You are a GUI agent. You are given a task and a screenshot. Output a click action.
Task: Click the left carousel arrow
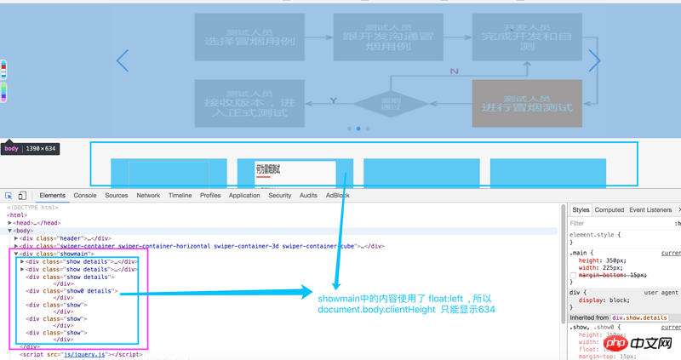[x=123, y=60]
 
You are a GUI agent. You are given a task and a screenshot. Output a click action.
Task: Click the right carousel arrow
[x=594, y=60]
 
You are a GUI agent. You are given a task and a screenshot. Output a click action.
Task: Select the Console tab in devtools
[x=85, y=196]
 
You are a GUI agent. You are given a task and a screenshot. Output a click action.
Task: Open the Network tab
[x=148, y=196]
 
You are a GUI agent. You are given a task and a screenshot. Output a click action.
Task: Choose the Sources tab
[x=117, y=196]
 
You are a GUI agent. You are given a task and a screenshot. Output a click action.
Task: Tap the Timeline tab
[x=180, y=196]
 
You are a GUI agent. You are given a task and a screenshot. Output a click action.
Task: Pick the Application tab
[x=244, y=196]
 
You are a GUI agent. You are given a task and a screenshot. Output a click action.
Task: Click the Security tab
[x=280, y=196]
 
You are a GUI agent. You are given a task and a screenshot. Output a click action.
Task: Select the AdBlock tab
[x=337, y=196]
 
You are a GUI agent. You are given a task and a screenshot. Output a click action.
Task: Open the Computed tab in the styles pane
[x=609, y=209]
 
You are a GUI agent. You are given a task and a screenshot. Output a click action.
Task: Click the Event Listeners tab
[x=650, y=209]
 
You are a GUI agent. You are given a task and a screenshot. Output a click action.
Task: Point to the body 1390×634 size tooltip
[x=29, y=149]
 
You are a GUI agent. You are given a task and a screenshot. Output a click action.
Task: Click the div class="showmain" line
[x=58, y=254]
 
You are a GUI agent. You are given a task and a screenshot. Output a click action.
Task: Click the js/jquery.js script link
[x=86, y=354]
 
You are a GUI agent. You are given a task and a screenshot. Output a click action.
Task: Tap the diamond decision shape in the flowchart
[x=391, y=104]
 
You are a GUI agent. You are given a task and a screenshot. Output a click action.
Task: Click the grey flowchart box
[x=527, y=103]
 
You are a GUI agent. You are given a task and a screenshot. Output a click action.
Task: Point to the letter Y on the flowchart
[x=334, y=100]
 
